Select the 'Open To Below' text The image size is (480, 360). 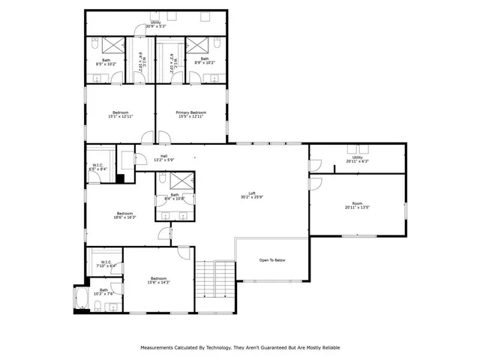271,260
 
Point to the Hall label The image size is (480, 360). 163,158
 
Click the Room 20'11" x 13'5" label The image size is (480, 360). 357,206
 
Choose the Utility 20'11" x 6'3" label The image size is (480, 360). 357,159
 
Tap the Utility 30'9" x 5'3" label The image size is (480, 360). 155,24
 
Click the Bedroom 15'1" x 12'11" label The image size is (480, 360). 120,115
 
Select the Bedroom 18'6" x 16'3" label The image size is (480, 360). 124,214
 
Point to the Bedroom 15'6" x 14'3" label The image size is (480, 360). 158,280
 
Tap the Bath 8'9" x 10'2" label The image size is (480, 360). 204,61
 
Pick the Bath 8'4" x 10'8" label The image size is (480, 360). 174,196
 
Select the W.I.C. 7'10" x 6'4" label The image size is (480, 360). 103,263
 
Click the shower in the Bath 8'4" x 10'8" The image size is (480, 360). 180,180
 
